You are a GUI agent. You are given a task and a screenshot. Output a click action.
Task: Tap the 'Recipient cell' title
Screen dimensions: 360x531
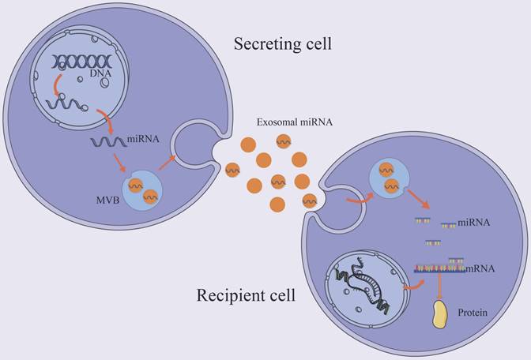click(x=247, y=297)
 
